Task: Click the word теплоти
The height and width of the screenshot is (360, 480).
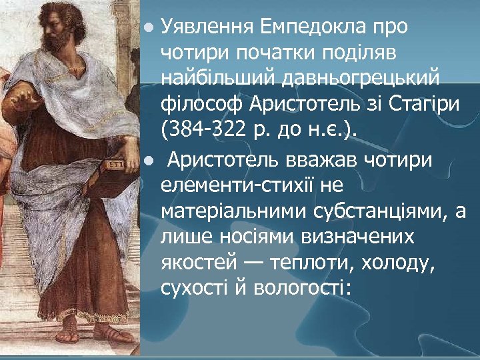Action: click(318, 263)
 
